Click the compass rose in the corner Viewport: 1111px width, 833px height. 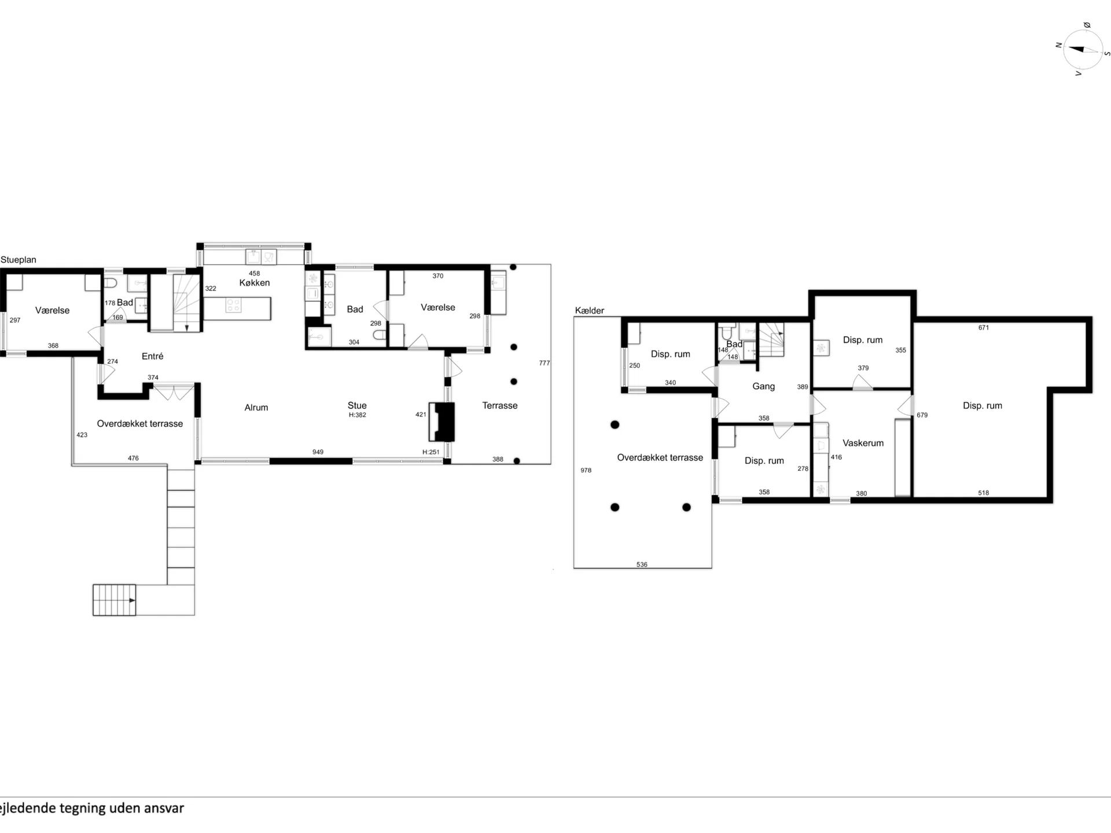point(1083,50)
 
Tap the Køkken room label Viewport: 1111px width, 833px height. point(255,283)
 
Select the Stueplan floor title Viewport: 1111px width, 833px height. point(19,260)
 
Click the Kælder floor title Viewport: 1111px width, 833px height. point(590,311)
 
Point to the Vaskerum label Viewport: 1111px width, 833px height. point(863,443)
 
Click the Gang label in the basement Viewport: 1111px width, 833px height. point(763,386)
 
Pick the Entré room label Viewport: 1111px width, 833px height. point(152,356)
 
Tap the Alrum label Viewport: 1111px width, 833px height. point(256,408)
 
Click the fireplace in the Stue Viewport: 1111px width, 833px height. point(442,422)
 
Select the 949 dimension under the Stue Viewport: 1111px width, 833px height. point(318,452)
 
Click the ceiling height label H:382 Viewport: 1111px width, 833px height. point(357,415)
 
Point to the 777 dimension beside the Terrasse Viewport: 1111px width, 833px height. point(545,363)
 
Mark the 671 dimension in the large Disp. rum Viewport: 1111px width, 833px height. point(984,328)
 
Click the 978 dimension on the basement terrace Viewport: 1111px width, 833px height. point(586,471)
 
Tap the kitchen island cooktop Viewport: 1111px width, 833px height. point(234,305)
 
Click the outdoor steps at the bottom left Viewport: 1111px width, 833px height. point(114,600)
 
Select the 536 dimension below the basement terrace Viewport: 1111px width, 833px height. point(642,565)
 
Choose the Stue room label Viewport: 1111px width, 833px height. point(357,406)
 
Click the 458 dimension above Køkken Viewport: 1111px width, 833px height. point(255,274)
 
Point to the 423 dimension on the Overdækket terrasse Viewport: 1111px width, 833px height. point(82,435)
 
